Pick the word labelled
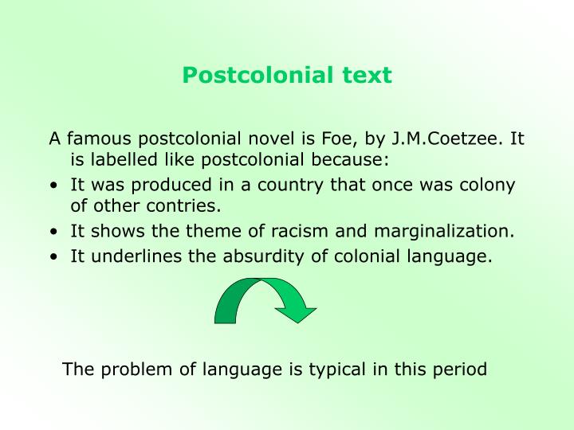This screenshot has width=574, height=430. (120, 162)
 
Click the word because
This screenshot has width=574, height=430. (353, 162)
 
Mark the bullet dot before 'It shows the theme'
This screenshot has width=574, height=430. (52, 233)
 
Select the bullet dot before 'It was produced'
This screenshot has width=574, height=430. (52, 186)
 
